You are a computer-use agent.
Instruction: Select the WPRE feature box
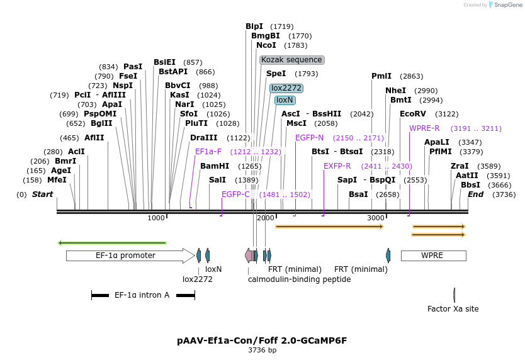pyautogui.click(x=432, y=256)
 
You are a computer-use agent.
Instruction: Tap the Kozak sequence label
pyautogui.click(x=291, y=60)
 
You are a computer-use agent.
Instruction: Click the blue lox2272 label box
pyautogui.click(x=286, y=88)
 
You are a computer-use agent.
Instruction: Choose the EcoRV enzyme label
pyautogui.click(x=413, y=114)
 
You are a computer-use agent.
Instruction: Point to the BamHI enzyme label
pyautogui.click(x=215, y=166)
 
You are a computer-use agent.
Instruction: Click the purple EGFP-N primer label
pyautogui.click(x=310, y=138)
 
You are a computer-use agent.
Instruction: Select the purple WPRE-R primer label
pyautogui.click(x=424, y=128)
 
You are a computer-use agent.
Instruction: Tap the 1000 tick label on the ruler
pyautogui.click(x=155, y=218)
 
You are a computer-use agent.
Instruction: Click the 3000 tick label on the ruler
pyautogui.click(x=376, y=218)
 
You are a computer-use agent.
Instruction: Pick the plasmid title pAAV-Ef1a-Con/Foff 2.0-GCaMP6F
pyautogui.click(x=262, y=340)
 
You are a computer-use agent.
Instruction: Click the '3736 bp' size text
pyautogui.click(x=262, y=350)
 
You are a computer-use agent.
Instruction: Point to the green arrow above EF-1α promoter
pyautogui.click(x=112, y=242)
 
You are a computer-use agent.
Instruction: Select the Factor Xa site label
pyautogui.click(x=453, y=309)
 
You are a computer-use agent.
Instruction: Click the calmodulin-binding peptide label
pyautogui.click(x=299, y=279)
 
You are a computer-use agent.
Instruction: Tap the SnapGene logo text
pyautogui.click(x=509, y=5)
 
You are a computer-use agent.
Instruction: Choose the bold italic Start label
pyautogui.click(x=43, y=194)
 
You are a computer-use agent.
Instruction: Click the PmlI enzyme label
pyautogui.click(x=381, y=76)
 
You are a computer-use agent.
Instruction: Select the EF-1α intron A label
pyautogui.click(x=142, y=295)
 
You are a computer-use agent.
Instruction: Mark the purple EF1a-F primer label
pyautogui.click(x=208, y=152)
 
